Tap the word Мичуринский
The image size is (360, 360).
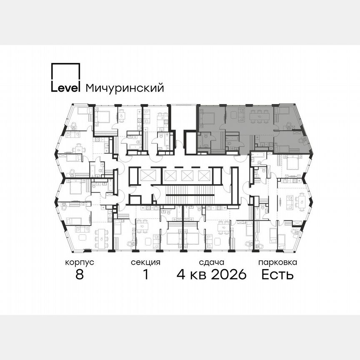(124, 88)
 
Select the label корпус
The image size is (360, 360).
(79, 262)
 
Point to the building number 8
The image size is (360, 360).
(79, 275)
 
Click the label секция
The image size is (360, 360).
(145, 262)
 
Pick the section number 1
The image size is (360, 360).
(145, 275)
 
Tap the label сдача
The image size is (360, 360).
(212, 262)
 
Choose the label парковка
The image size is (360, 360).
(277, 262)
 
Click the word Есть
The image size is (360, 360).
(277, 275)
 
